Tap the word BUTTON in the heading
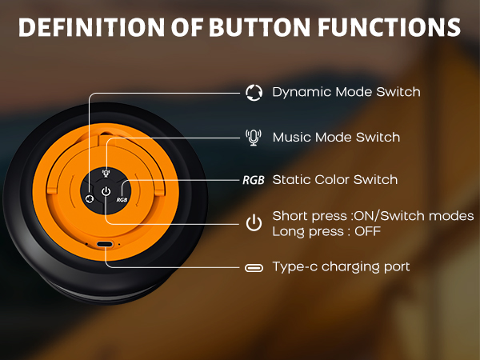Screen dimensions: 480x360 259,27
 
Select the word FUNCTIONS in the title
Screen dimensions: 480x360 389,27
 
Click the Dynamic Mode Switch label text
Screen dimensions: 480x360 346,92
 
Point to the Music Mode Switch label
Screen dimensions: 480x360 336,137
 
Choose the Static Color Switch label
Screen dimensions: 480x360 335,180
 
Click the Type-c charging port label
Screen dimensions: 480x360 341,267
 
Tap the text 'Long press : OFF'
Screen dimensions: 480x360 326,231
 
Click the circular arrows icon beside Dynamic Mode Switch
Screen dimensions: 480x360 254,93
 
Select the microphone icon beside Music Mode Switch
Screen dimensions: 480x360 254,138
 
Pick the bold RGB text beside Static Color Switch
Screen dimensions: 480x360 254,180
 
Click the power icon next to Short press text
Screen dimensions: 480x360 254,223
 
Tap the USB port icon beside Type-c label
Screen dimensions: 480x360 254,268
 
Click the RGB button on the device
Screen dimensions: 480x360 122,200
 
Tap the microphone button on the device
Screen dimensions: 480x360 106,173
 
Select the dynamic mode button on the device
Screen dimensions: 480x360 90,198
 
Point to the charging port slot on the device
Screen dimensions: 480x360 105,244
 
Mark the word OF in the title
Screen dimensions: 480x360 187,27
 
